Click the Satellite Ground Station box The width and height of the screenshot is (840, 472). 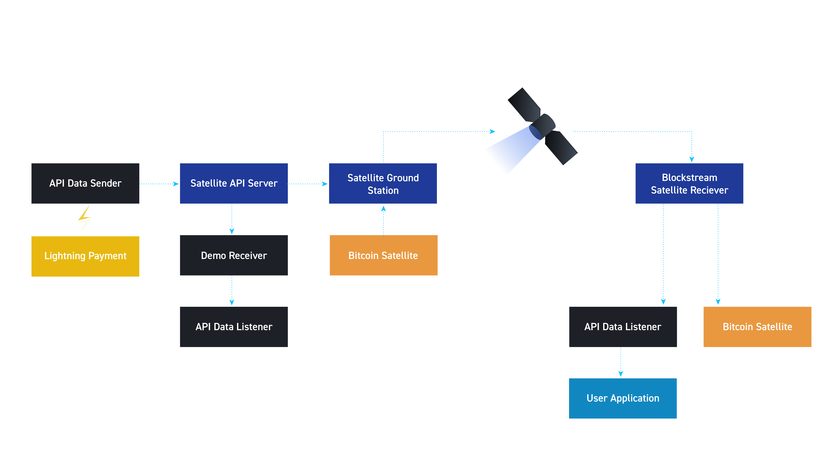coord(383,183)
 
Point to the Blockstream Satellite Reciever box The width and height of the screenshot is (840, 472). coord(689,183)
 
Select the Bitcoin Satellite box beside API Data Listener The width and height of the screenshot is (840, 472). coord(757,327)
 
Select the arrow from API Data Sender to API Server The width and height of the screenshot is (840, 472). coord(159,184)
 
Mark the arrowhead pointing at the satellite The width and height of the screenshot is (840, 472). coord(492,132)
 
